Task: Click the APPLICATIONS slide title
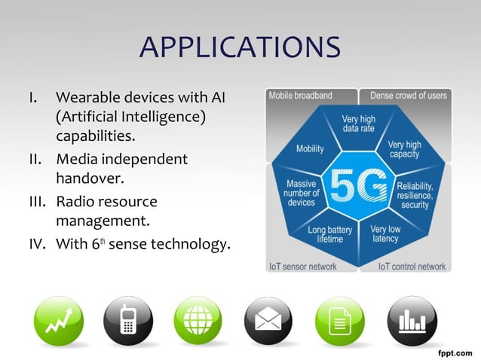[x=240, y=47]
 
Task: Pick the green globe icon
[x=197, y=322]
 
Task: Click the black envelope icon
[x=268, y=322]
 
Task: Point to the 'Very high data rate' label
[x=358, y=124]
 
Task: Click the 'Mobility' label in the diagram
[x=310, y=148]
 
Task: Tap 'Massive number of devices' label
[x=302, y=193]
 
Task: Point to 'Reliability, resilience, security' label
[x=415, y=194]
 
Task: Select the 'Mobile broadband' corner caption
[x=300, y=96]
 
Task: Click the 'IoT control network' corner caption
[x=412, y=266]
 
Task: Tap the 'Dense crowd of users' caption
[x=408, y=96]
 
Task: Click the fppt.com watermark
[x=455, y=352]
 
